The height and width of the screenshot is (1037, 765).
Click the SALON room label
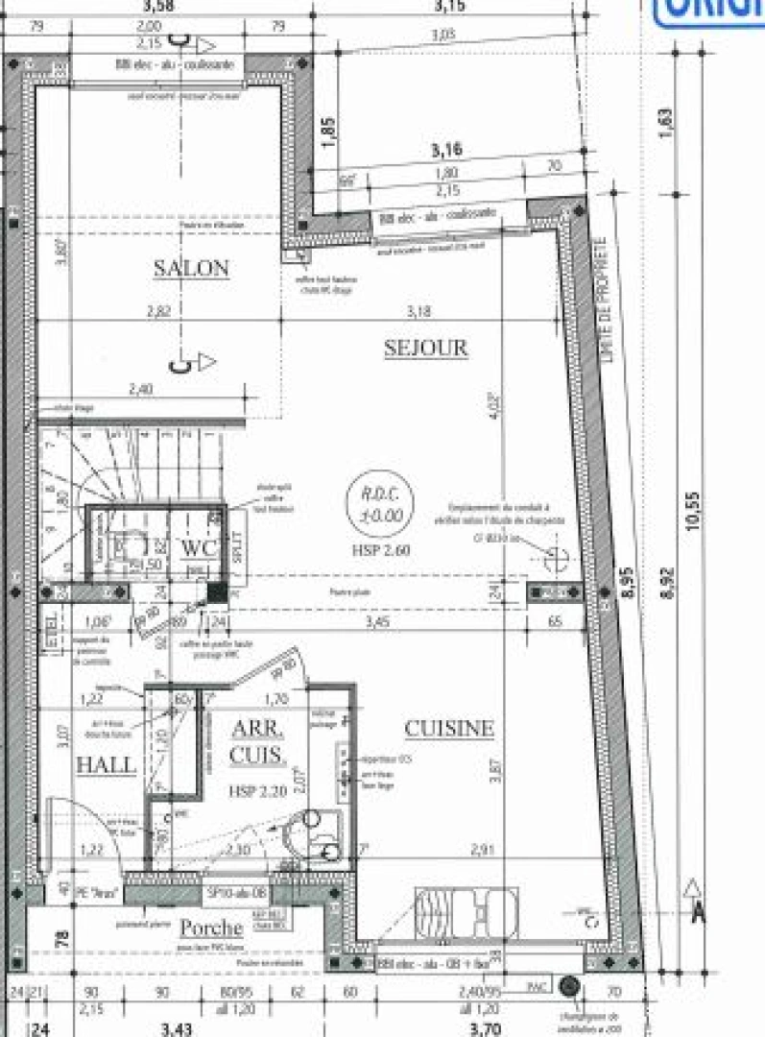pyautogui.click(x=191, y=268)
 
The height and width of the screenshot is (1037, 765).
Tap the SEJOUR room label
pyautogui.click(x=425, y=348)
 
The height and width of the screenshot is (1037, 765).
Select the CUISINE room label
pyautogui.click(x=449, y=729)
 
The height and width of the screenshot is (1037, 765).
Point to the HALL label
pyautogui.click(x=106, y=764)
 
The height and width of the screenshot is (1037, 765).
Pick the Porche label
pyautogui.click(x=210, y=928)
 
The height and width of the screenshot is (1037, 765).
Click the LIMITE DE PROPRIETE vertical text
pyautogui.click(x=605, y=299)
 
